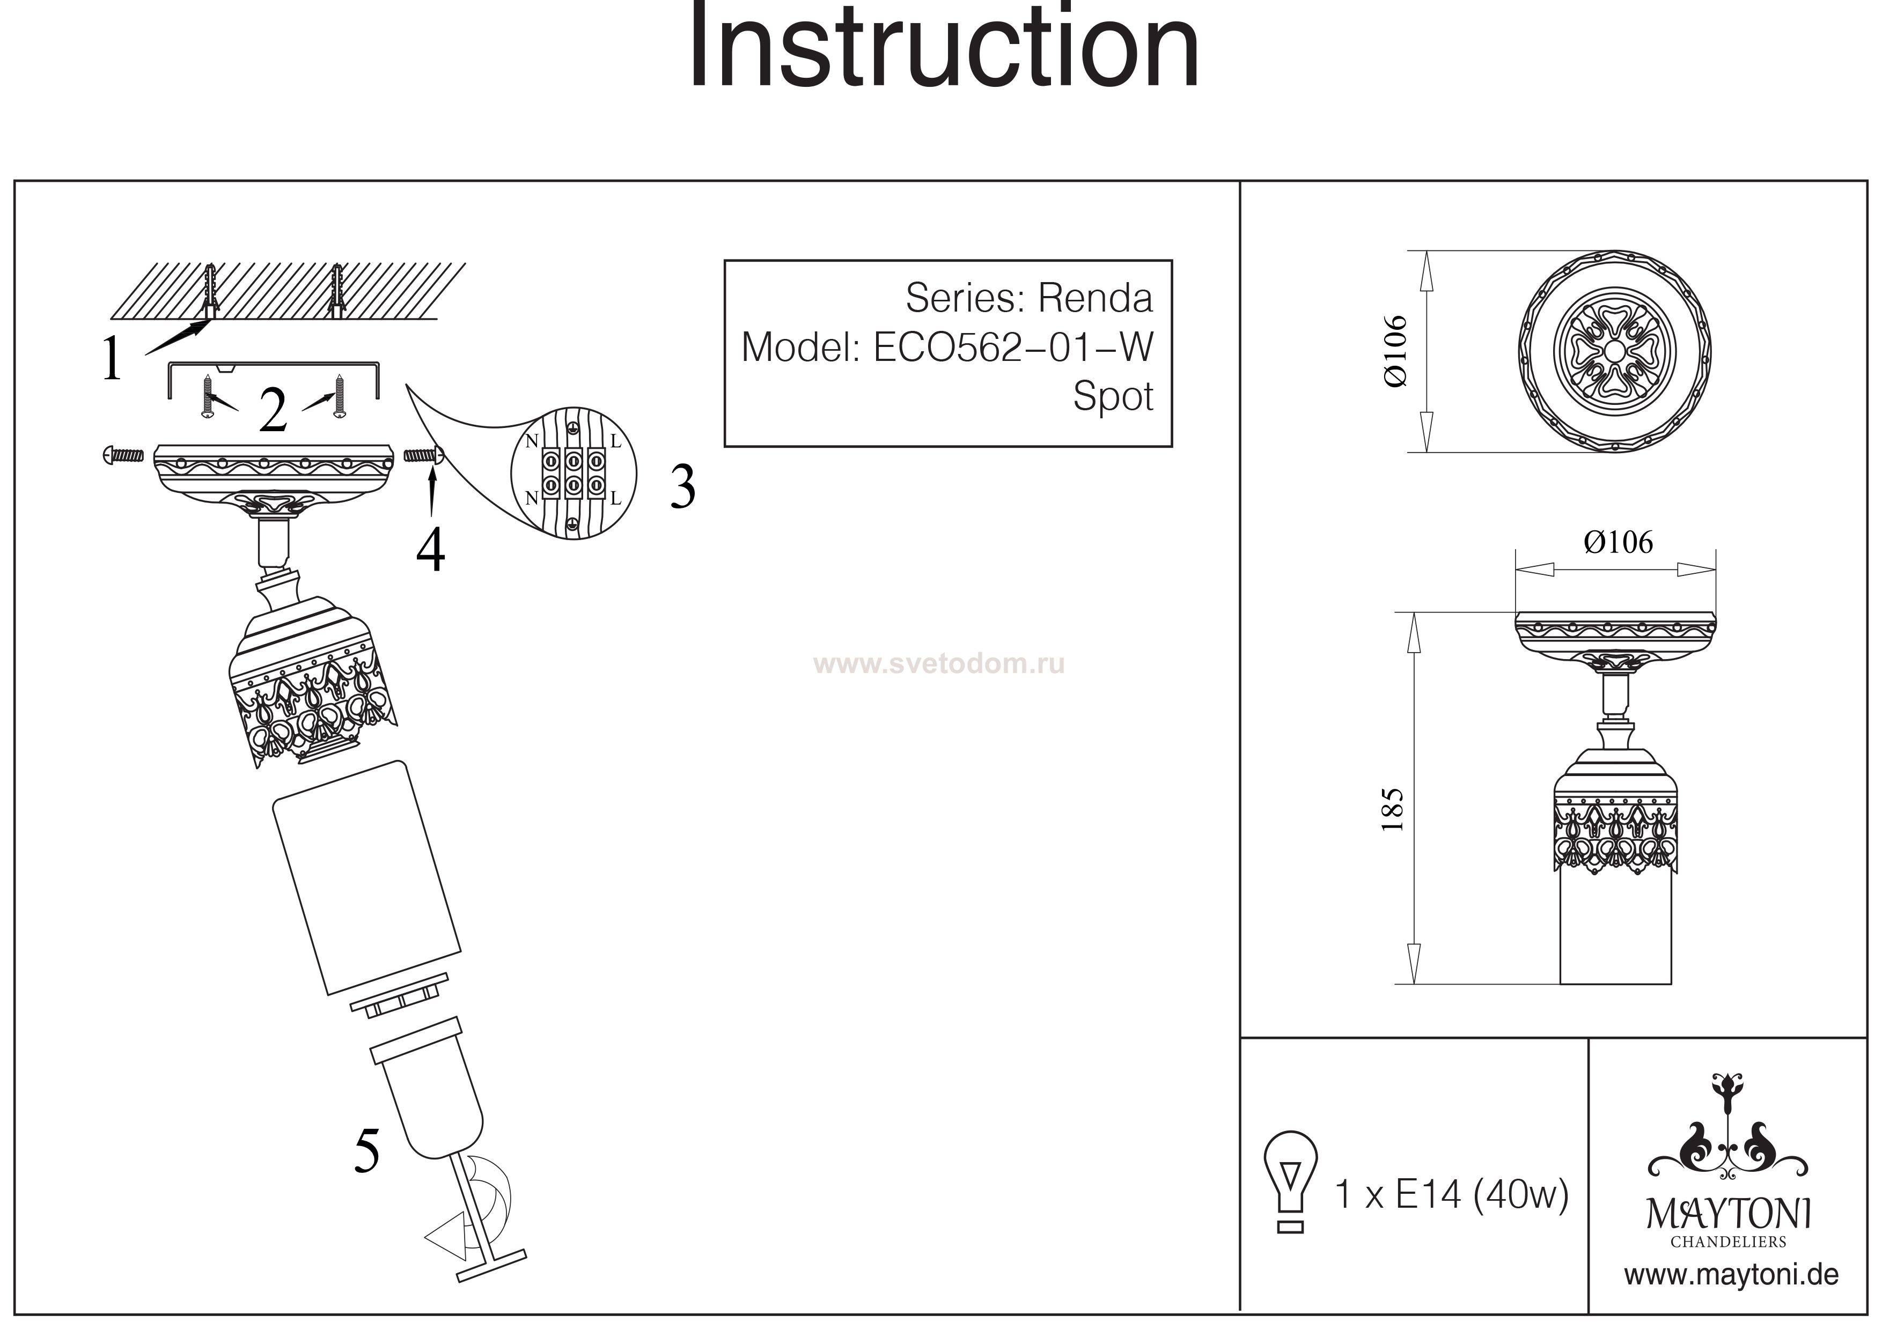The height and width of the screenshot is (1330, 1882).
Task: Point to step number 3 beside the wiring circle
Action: pos(682,487)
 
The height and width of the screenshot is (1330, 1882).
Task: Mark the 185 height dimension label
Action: pos(1393,810)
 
